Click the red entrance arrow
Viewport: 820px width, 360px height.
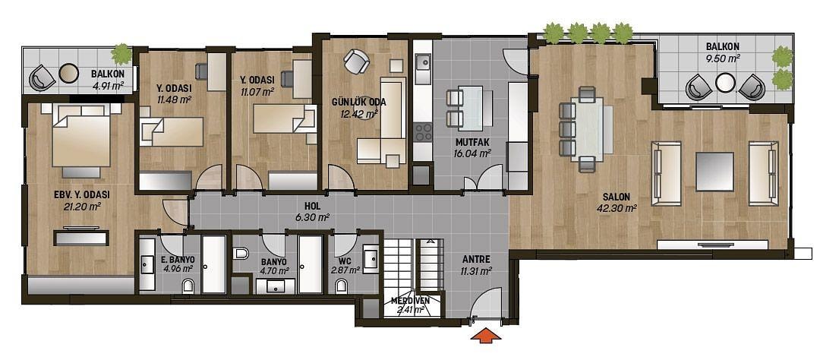click(486, 335)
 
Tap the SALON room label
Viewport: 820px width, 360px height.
click(616, 197)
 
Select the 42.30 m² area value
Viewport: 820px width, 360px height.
click(617, 208)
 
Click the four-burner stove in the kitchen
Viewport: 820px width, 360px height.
click(423, 131)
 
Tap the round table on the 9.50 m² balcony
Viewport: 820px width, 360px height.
click(725, 82)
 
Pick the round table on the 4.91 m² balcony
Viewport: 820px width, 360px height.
click(68, 73)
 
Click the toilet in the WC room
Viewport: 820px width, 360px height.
click(342, 286)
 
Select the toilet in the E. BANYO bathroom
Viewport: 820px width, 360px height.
click(188, 286)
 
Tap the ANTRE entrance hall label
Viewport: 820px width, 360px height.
click(476, 259)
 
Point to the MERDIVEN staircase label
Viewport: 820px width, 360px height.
click(411, 301)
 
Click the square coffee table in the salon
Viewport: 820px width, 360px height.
click(714, 172)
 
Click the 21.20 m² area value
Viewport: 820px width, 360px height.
click(81, 206)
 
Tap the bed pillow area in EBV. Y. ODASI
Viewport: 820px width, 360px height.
click(81, 110)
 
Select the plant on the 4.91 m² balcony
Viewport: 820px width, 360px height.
click(121, 53)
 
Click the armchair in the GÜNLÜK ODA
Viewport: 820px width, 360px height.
click(357, 62)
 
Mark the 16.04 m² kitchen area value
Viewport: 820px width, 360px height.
click(471, 153)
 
